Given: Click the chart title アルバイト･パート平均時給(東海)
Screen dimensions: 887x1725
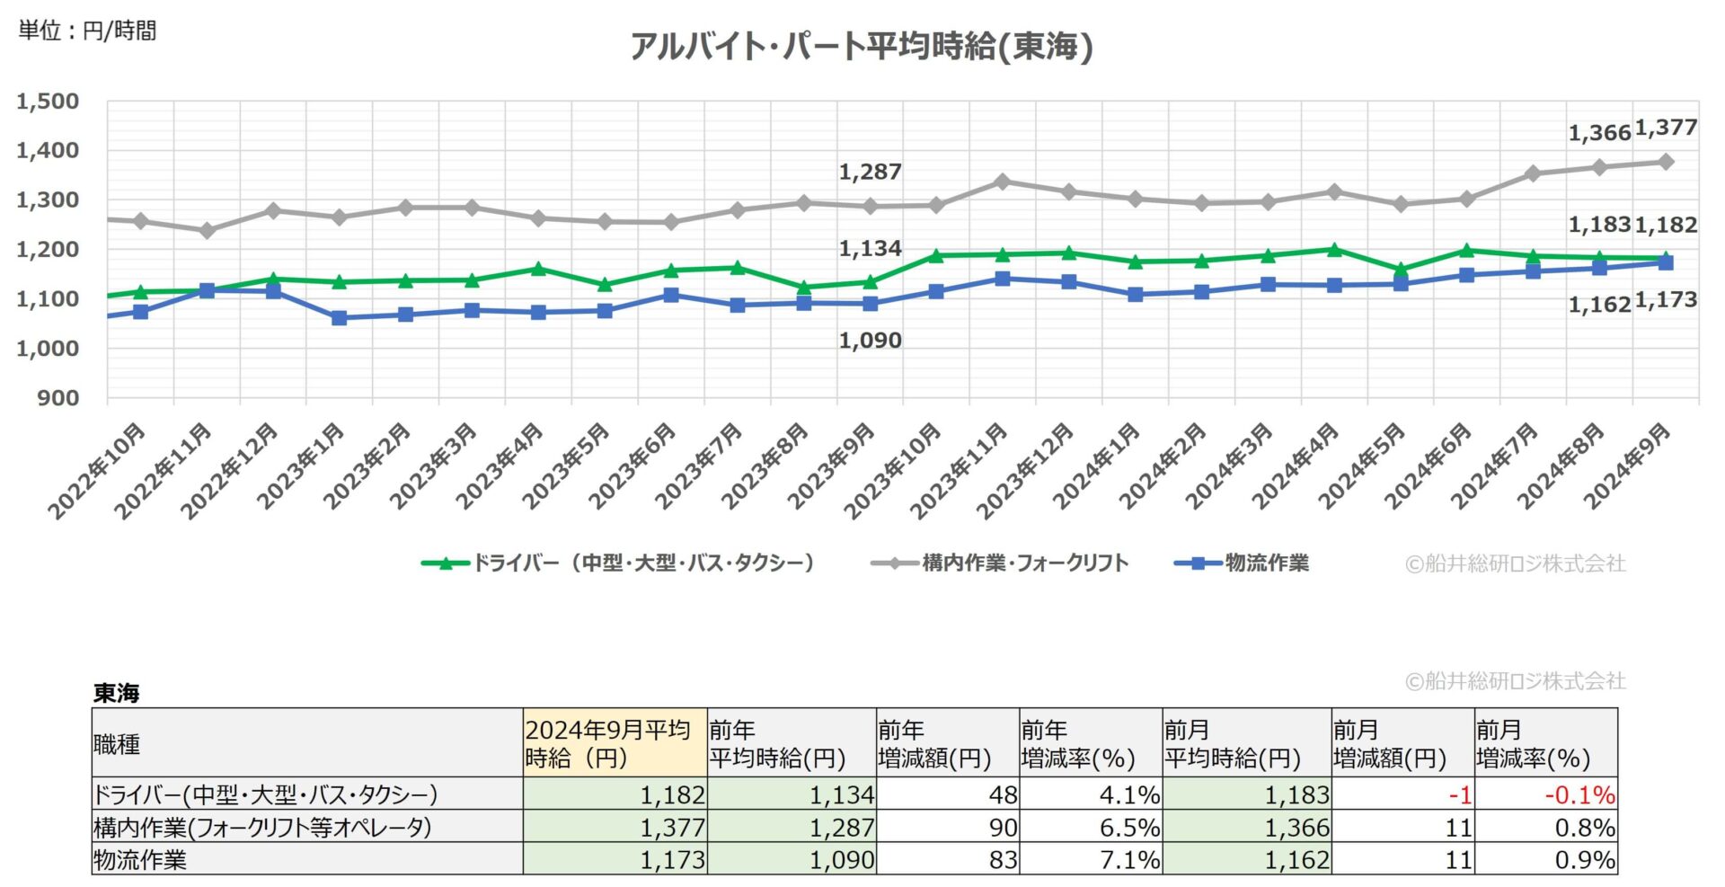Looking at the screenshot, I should tap(861, 47).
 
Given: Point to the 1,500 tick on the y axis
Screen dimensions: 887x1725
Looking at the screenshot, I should tap(48, 102).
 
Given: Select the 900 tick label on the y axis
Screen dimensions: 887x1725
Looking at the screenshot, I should tap(57, 397).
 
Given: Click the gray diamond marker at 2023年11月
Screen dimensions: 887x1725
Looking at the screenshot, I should tap(1003, 182).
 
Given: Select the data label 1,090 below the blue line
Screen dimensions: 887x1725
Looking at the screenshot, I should tap(869, 341).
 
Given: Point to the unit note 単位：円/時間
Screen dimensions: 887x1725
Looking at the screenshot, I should tap(88, 31).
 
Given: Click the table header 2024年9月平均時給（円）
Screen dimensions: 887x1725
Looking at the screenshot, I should tap(615, 743).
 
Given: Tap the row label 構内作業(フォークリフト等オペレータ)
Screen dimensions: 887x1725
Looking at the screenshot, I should tap(262, 827).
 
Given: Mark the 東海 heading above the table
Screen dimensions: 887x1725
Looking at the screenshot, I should tap(116, 693).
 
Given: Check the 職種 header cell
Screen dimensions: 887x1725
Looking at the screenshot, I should tap(117, 744).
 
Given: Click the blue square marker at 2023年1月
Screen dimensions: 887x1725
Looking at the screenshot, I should tap(339, 318).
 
